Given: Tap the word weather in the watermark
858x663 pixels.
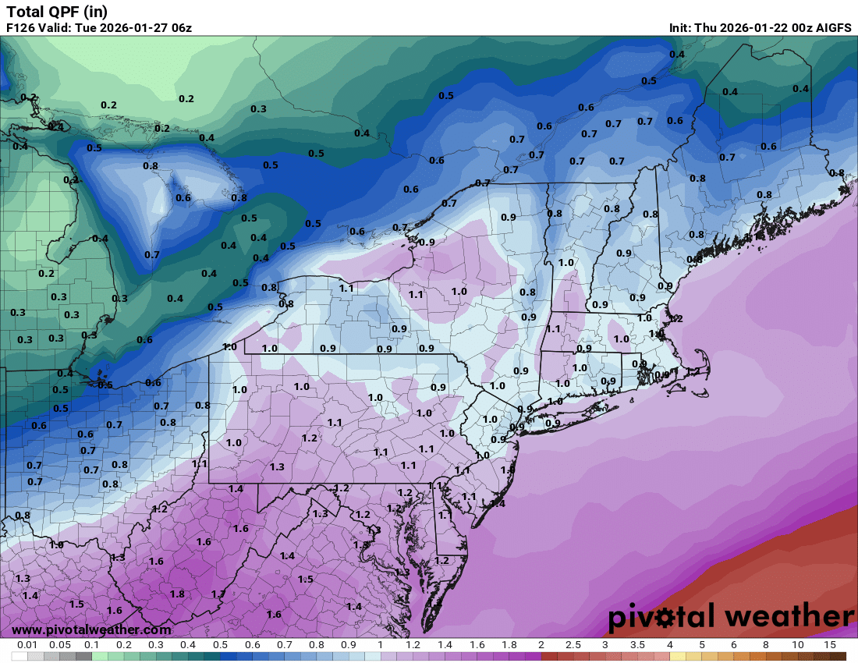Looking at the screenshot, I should (x=788, y=617).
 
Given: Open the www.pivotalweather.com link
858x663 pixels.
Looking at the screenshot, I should (x=91, y=629).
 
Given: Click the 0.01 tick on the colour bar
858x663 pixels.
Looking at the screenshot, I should (x=27, y=645).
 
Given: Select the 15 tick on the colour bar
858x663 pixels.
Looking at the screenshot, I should (x=830, y=645).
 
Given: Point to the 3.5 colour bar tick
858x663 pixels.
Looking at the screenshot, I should (x=637, y=645).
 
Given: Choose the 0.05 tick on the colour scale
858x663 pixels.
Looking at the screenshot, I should (x=59, y=645).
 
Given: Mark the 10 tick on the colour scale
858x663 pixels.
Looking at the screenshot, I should (x=798, y=645).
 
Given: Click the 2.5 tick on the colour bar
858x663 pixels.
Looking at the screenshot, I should (x=573, y=645).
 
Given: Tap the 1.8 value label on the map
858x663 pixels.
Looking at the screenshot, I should (x=177, y=594).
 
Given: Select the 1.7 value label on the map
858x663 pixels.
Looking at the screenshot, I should (x=218, y=594).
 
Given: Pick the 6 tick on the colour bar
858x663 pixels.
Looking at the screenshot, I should (x=734, y=645).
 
